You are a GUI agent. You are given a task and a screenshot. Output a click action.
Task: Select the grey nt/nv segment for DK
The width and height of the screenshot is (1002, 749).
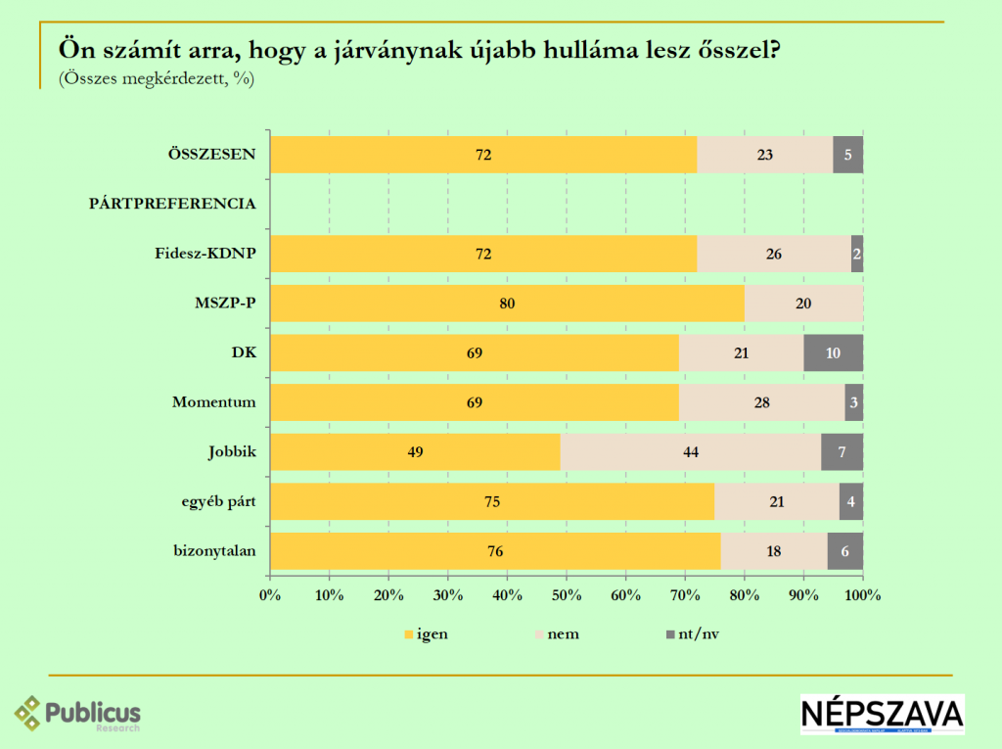pyautogui.click(x=833, y=353)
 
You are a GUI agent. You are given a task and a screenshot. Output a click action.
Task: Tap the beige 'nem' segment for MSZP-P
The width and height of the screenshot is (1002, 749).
pyautogui.click(x=803, y=304)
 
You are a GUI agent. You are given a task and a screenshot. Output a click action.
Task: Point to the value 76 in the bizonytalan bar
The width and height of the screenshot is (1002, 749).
pyautogui.click(x=495, y=551)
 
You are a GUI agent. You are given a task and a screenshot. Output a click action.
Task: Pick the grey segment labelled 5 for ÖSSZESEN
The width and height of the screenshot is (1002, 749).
pyautogui.click(x=847, y=155)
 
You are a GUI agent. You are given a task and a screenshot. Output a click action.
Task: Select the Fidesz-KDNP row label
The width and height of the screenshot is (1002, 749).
pyautogui.click(x=205, y=254)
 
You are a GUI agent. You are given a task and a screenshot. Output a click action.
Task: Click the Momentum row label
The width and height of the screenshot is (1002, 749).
pyautogui.click(x=213, y=402)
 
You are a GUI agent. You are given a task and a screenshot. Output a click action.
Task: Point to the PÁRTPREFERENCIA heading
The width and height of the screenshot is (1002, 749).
pyautogui.click(x=172, y=204)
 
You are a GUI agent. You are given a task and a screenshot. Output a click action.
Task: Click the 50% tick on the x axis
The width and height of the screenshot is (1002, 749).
pyautogui.click(x=567, y=594)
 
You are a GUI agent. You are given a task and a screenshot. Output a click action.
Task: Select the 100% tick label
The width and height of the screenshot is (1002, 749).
pyautogui.click(x=863, y=594)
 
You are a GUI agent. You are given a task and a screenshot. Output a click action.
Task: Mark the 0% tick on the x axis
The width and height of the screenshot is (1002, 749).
pyautogui.click(x=270, y=594)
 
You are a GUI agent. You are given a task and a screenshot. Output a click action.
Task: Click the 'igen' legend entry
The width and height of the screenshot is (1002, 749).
pyautogui.click(x=426, y=634)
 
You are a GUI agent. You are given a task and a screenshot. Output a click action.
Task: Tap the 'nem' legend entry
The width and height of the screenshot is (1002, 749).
pyautogui.click(x=557, y=634)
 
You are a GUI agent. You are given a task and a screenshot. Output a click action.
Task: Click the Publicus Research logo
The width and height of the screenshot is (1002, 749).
pyautogui.click(x=78, y=714)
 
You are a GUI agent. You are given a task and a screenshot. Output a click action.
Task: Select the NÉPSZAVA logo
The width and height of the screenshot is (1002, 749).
pyautogui.click(x=882, y=714)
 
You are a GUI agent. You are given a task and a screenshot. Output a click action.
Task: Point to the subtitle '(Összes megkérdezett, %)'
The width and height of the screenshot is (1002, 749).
pyautogui.click(x=157, y=79)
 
